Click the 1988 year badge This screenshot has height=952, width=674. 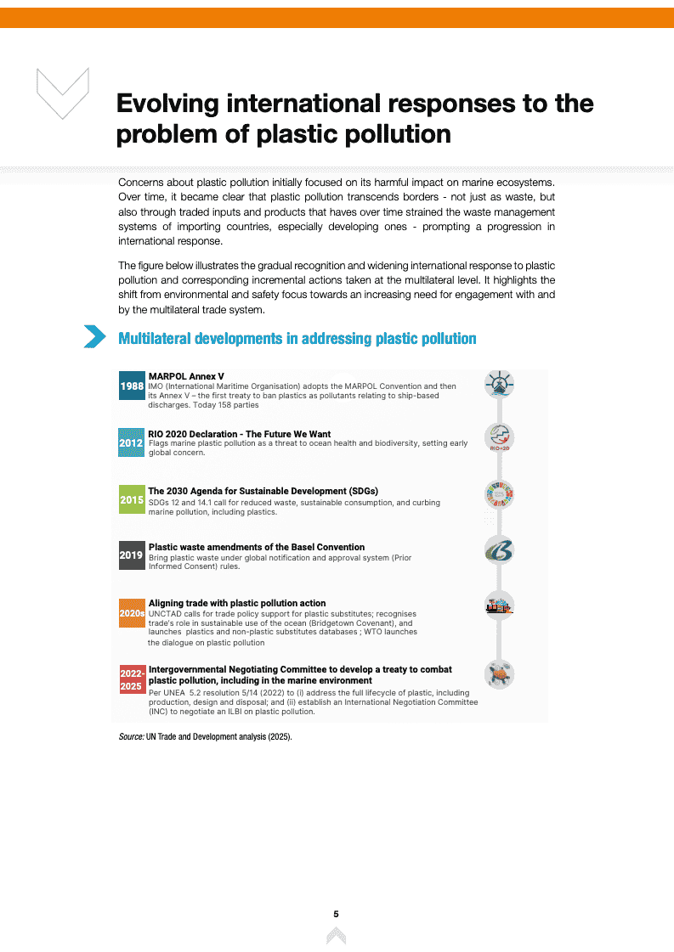(132, 386)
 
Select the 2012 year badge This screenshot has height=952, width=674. (132, 442)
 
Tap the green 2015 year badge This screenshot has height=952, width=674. (132, 499)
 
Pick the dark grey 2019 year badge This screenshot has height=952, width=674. (132, 555)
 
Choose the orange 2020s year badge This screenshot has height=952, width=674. (132, 612)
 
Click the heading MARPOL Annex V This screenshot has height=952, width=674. (186, 376)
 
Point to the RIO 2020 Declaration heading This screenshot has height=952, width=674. (239, 434)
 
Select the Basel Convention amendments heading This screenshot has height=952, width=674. (256, 547)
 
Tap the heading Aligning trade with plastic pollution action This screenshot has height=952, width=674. (237, 603)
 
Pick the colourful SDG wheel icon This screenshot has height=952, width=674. (499, 494)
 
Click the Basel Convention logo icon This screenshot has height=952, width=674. (499, 551)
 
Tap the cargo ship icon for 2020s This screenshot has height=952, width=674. (499, 606)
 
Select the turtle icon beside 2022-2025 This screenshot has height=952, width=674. (499, 675)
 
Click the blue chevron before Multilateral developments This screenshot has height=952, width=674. (94, 337)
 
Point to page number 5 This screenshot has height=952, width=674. (337, 914)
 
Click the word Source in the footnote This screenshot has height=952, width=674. (131, 737)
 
